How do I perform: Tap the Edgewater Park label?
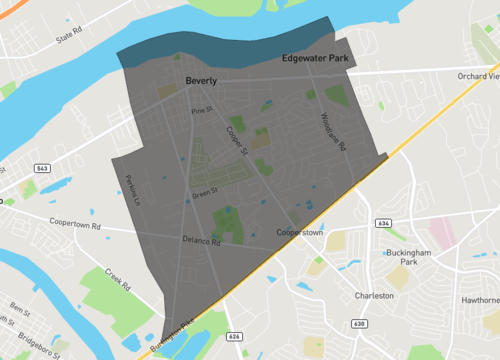(314, 59)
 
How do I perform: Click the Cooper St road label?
(238, 138)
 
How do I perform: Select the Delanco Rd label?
(201, 240)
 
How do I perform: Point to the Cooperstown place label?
(300, 233)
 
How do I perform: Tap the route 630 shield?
(359, 324)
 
